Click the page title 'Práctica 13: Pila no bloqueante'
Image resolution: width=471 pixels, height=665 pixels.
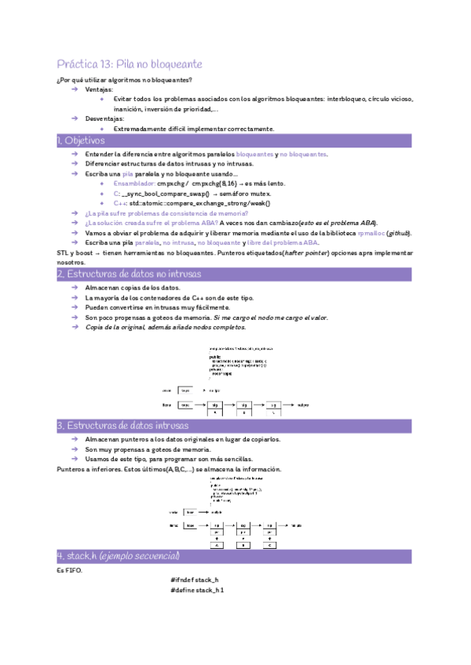click(130, 64)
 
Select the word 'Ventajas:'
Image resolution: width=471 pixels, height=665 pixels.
click(99, 90)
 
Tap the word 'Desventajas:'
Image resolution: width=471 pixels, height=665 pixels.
click(104, 118)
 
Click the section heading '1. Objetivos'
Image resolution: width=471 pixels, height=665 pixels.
click(81, 140)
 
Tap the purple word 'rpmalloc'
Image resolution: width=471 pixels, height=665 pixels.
click(371, 233)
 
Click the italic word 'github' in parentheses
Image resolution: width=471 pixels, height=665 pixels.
click(398, 233)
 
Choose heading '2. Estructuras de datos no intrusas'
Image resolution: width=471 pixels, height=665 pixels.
click(130, 274)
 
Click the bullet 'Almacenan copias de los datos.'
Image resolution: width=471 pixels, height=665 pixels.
click(135, 288)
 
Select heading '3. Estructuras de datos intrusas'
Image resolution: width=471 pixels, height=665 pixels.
click(123, 426)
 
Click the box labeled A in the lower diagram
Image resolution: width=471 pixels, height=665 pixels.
click(216, 545)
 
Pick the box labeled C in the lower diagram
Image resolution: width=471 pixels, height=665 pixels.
click(272, 545)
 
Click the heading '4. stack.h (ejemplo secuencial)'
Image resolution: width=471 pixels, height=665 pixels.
click(119, 556)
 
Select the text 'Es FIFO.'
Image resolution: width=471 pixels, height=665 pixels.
click(70, 570)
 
